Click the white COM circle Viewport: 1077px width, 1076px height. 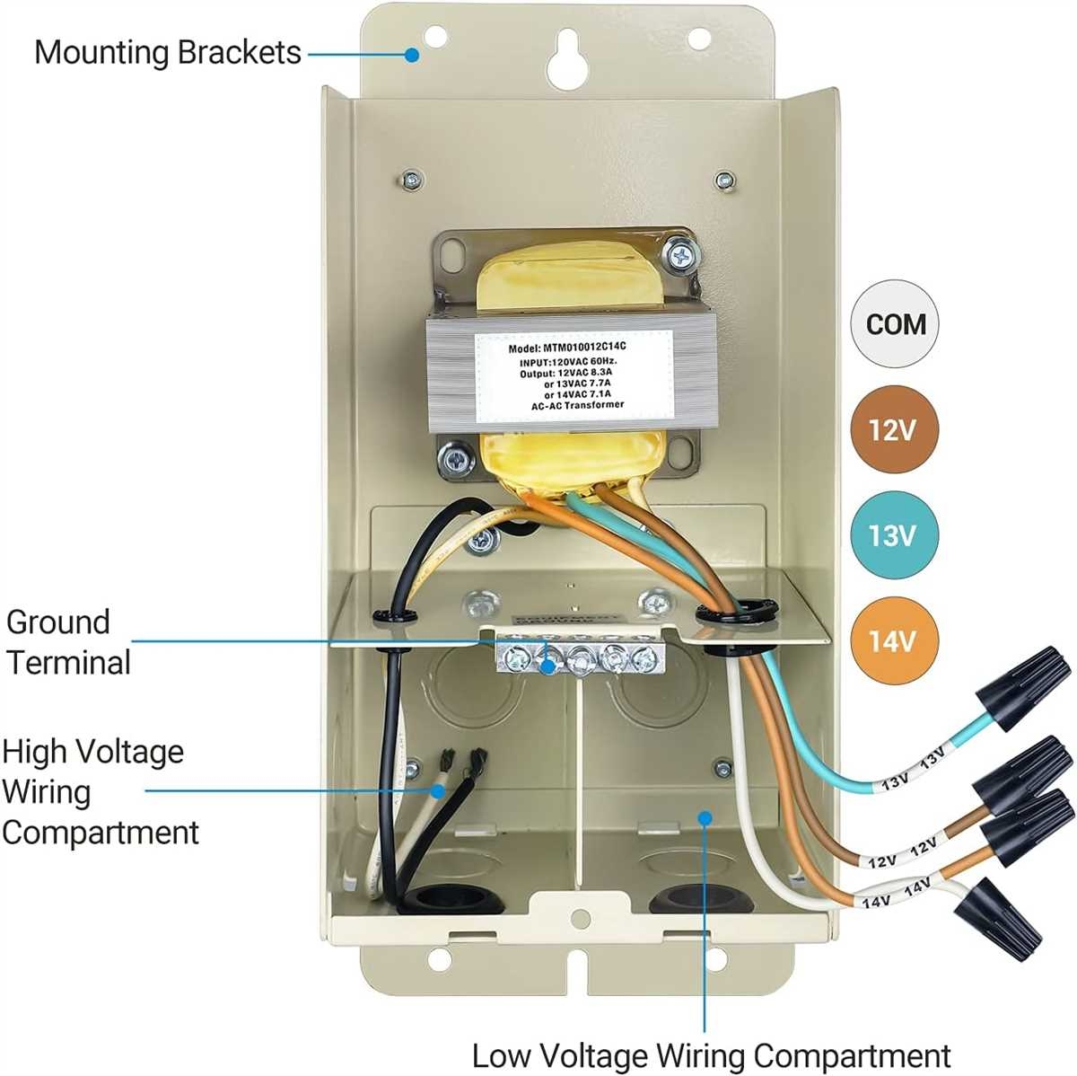(x=895, y=323)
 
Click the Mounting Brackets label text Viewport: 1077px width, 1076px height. (x=168, y=52)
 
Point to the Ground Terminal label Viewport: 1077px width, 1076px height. (x=68, y=642)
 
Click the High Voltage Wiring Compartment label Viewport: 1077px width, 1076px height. (x=99, y=791)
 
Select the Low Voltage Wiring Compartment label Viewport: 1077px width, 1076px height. (x=711, y=1054)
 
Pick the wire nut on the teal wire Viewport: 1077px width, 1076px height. (x=1023, y=685)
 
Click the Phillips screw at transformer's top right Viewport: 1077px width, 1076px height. (x=679, y=254)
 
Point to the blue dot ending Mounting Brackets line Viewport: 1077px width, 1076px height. (x=411, y=55)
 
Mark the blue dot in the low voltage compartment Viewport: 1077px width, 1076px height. (x=705, y=817)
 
